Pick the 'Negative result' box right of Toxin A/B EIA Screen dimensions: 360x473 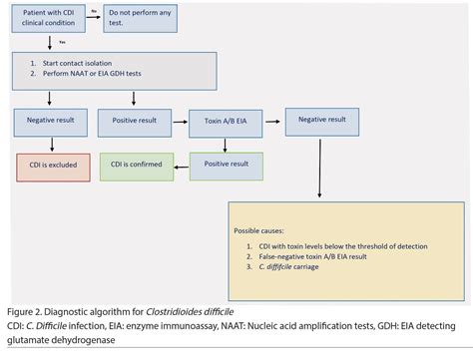coord(319,119)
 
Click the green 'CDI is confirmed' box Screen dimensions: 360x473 coord(137,166)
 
